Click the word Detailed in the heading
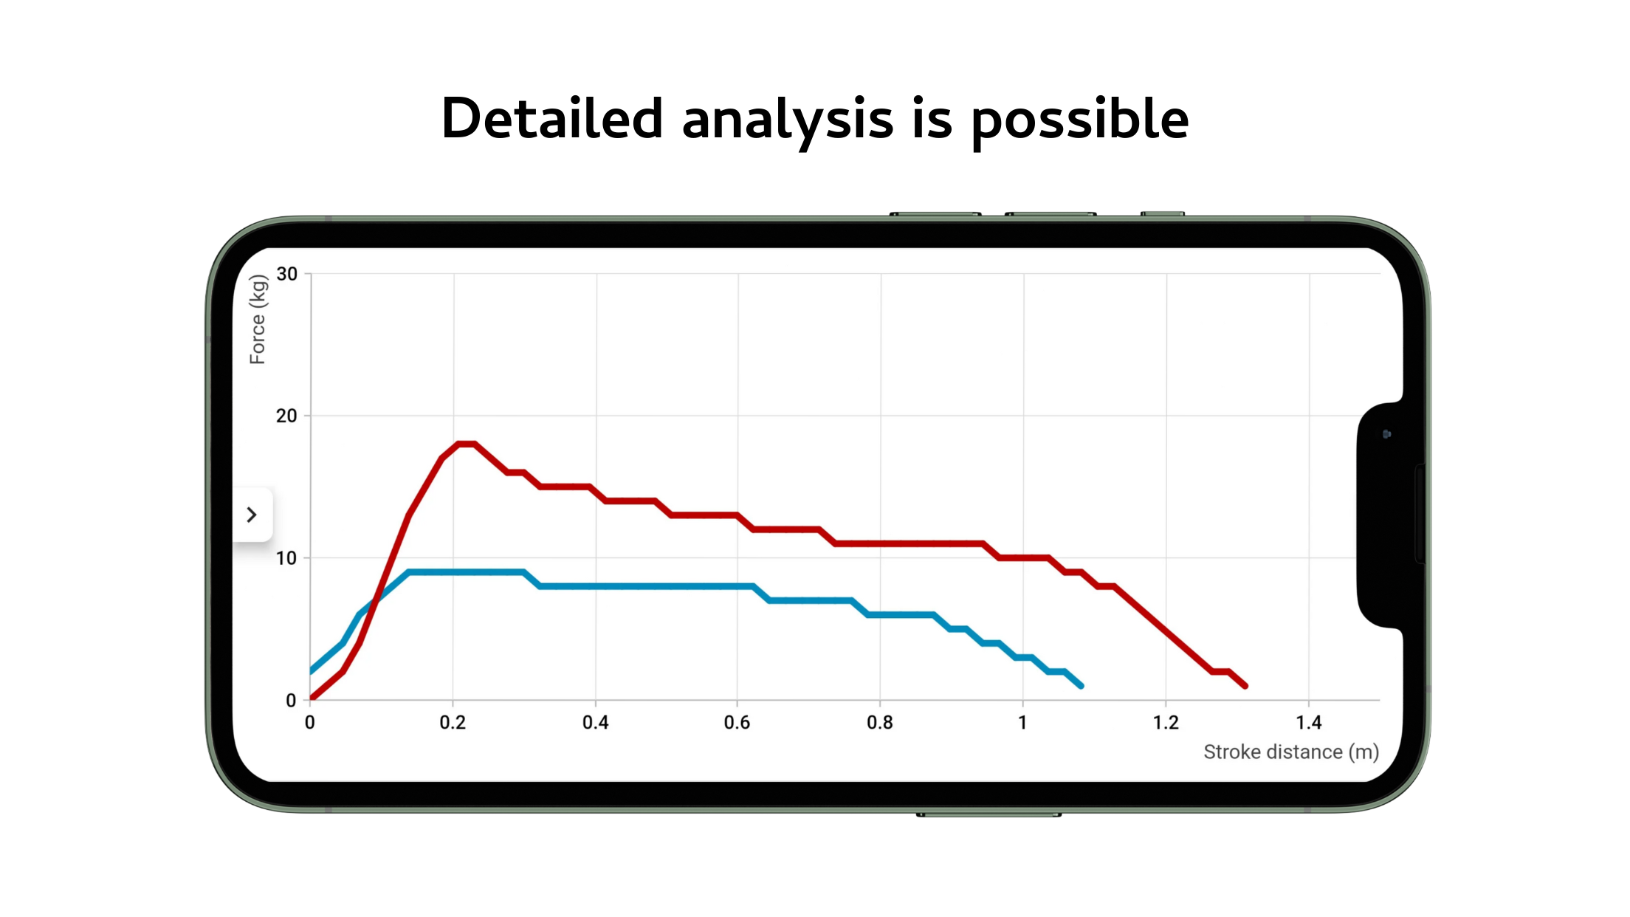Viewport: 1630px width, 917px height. click(552, 118)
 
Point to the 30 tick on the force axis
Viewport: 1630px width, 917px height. click(286, 274)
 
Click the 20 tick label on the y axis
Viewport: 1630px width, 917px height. click(286, 416)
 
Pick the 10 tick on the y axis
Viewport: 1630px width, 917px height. click(286, 558)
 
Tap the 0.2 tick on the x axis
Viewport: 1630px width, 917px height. click(453, 722)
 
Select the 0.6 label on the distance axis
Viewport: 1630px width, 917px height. click(737, 722)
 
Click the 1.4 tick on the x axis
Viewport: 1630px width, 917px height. click(1309, 722)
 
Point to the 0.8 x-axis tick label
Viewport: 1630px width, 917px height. click(880, 722)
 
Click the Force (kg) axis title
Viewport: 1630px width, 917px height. click(258, 319)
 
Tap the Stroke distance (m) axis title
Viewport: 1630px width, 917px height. click(1291, 752)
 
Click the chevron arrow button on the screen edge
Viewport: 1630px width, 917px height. click(252, 515)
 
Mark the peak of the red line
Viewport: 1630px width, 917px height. click(467, 444)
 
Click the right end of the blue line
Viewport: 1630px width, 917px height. click(1081, 686)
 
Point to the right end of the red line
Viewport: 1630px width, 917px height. click(1245, 686)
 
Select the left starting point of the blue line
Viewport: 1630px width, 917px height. click(312, 671)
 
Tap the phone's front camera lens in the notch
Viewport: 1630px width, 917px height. click(1386, 434)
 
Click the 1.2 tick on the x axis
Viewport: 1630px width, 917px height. click(1166, 722)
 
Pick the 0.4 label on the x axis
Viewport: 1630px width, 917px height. click(596, 722)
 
